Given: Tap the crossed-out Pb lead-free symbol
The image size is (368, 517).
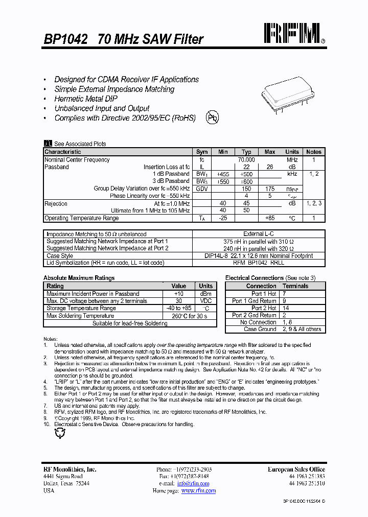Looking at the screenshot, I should (212, 118).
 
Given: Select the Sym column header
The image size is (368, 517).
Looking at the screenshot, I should (202, 152).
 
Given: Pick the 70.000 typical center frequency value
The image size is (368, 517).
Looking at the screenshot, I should (246, 160).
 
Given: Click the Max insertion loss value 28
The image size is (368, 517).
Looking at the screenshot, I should (269, 167).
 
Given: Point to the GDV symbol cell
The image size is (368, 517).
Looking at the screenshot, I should (202, 189).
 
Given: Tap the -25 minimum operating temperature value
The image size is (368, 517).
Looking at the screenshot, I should (223, 218).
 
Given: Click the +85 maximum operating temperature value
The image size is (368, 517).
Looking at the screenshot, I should (269, 218).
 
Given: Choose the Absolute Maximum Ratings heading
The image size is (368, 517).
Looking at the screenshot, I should (79, 278).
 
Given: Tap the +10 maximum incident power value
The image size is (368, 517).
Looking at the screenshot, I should (178, 294).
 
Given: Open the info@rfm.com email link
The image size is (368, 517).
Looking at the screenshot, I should (193, 483).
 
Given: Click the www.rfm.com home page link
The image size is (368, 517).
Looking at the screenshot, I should (198, 491).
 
